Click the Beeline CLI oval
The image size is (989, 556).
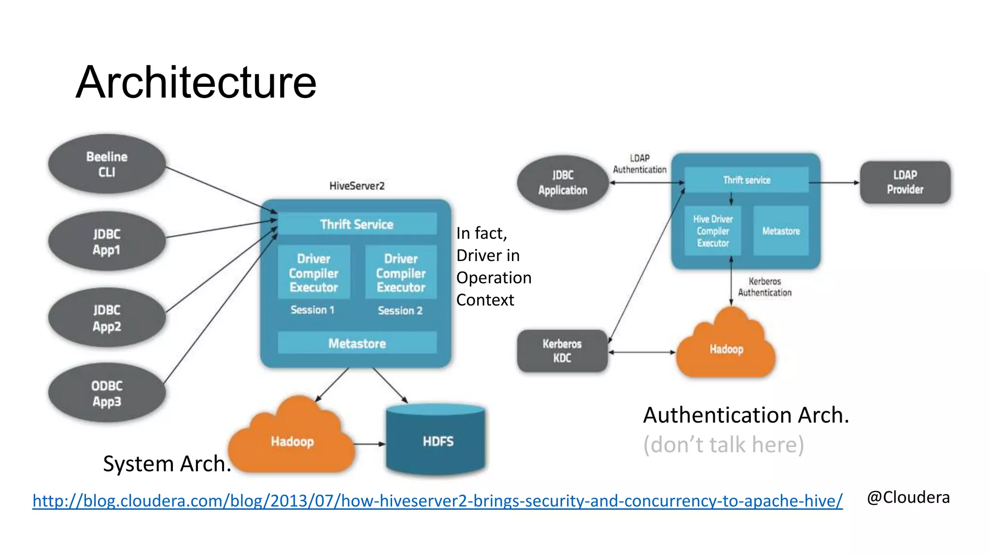[107, 164]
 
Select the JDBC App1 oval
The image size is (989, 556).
[107, 241]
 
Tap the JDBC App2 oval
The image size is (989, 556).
[107, 318]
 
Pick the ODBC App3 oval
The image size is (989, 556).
[107, 393]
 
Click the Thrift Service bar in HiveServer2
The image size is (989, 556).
[357, 224]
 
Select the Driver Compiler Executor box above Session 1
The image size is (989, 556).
[313, 273]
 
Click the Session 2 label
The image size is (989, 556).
[400, 310]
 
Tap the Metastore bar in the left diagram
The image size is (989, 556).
[357, 343]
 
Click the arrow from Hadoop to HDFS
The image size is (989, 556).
[369, 444]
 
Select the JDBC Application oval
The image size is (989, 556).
[563, 182]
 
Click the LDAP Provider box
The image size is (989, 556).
[905, 182]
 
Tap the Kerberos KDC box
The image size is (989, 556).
[562, 351]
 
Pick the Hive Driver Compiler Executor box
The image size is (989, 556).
[713, 231]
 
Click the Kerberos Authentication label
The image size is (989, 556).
[764, 287]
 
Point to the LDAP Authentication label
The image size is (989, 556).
[639, 164]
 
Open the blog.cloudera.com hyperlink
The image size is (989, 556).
[437, 500]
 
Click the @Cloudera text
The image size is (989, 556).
[908, 497]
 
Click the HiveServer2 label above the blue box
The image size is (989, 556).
[357, 186]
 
